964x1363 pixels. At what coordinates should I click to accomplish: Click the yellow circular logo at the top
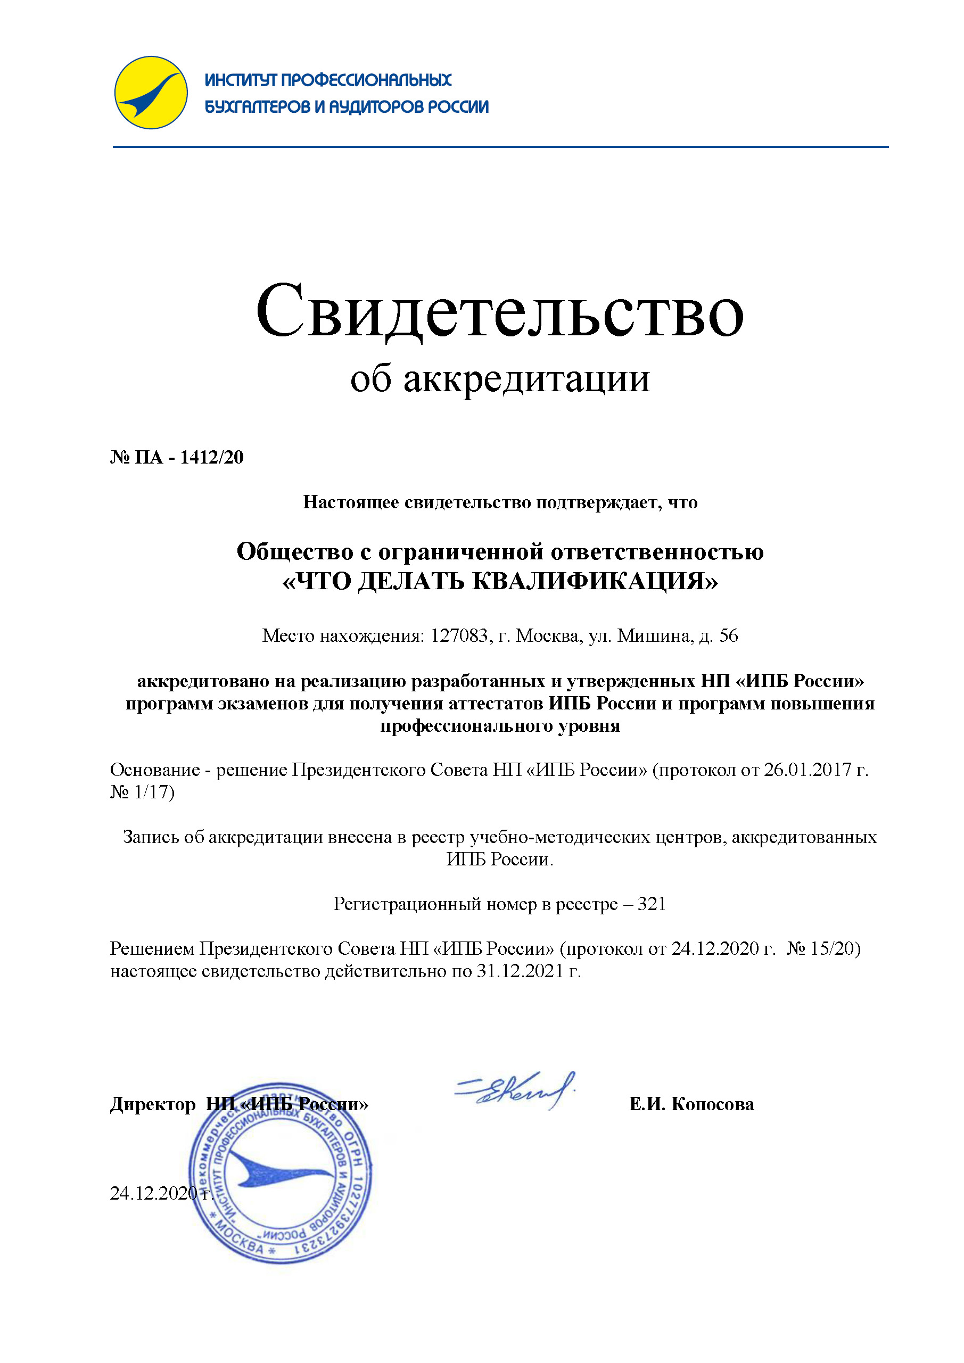(151, 93)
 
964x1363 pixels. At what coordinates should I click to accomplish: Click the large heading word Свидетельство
(499, 312)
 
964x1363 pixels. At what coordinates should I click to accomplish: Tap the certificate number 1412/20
(212, 457)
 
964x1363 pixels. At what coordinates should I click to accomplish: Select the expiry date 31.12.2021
(520, 971)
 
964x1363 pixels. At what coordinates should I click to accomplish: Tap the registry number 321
(652, 904)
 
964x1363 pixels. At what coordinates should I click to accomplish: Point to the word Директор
(153, 1105)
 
